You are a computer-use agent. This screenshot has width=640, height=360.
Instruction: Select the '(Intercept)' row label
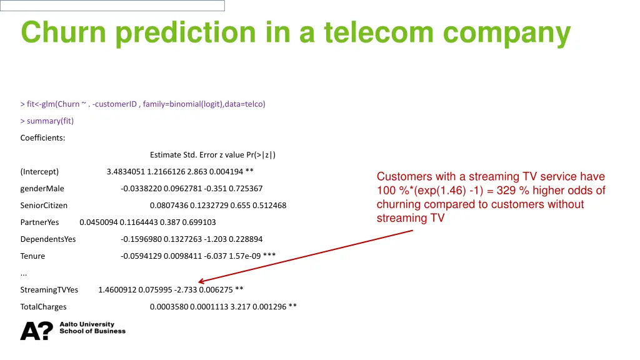pyautogui.click(x=39, y=172)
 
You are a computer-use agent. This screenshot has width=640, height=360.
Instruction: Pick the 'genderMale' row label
pyautogui.click(x=42, y=189)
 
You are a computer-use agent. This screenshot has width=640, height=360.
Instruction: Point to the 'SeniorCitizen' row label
pyautogui.click(x=44, y=206)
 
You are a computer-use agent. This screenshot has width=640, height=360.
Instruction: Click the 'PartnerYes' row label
pyautogui.click(x=39, y=222)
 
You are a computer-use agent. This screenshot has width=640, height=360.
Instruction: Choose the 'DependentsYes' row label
pyautogui.click(x=48, y=239)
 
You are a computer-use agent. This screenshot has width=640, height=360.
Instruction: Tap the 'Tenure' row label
pyautogui.click(x=32, y=256)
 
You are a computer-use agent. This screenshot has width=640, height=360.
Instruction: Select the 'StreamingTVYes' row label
pyautogui.click(x=49, y=290)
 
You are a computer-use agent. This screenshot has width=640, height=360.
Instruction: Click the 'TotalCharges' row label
pyautogui.click(x=43, y=307)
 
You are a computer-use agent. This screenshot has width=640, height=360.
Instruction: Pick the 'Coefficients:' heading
pyautogui.click(x=42, y=138)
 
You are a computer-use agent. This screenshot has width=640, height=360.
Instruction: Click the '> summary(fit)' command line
pyautogui.click(x=47, y=121)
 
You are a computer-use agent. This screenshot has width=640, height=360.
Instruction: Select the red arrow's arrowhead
pyautogui.click(x=201, y=282)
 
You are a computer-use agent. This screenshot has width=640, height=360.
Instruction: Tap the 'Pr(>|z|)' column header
pyautogui.click(x=261, y=155)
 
